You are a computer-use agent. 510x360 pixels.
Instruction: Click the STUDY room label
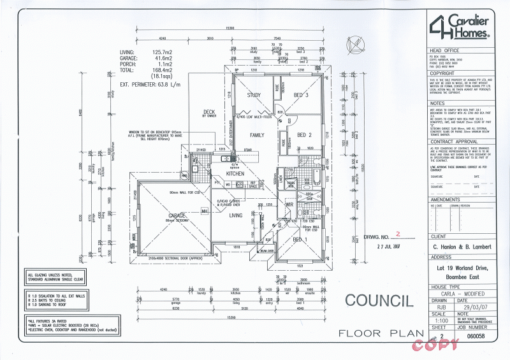coord(254,96)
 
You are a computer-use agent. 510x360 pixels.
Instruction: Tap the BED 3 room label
coord(301,96)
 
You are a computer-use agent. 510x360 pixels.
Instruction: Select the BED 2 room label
coord(303,135)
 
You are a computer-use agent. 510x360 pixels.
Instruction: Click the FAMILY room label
coord(257,135)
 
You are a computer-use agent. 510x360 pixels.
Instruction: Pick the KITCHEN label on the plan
coord(235,173)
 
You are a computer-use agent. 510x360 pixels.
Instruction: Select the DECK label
coord(209,112)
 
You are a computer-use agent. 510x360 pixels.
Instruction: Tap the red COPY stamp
coord(435,345)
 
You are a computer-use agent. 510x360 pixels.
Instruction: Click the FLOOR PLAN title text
coord(381,333)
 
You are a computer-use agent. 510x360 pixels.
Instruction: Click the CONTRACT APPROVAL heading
coord(454,142)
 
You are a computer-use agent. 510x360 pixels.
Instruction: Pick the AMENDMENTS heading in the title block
coord(446,199)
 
